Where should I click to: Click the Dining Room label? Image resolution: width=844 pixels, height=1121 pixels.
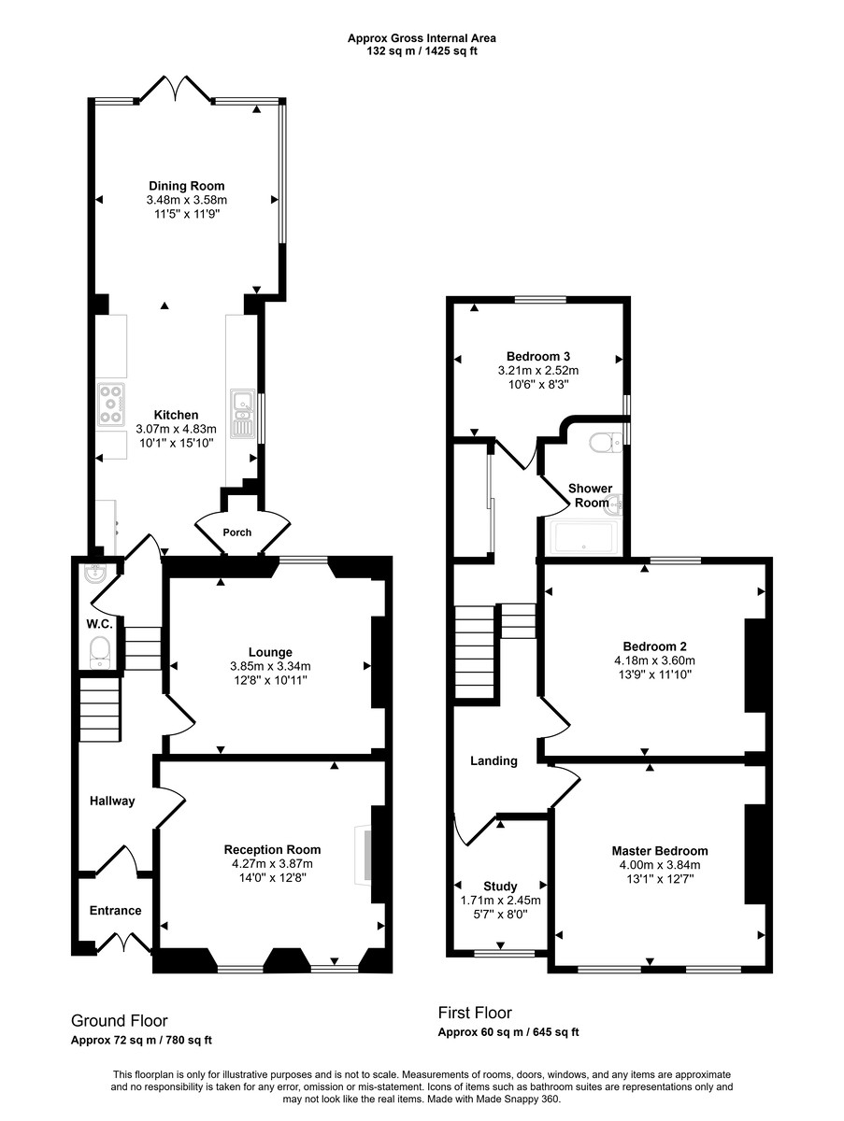pyautogui.click(x=187, y=186)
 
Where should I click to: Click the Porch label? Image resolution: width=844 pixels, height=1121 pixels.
pyautogui.click(x=237, y=532)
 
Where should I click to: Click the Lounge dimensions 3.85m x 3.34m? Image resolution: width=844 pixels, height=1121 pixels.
pyautogui.click(x=270, y=666)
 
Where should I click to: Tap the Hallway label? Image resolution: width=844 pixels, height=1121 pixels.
pyautogui.click(x=112, y=801)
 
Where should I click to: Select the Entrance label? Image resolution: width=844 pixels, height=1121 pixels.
pyautogui.click(x=115, y=911)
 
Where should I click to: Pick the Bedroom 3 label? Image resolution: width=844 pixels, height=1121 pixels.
pyautogui.click(x=538, y=356)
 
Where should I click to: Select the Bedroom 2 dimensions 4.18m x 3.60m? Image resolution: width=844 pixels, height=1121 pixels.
pyautogui.click(x=655, y=660)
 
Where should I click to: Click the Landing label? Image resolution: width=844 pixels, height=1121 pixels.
pyautogui.click(x=494, y=760)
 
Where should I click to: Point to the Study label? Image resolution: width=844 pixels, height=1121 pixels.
pyautogui.click(x=500, y=887)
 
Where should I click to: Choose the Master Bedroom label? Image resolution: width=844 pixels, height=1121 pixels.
pyautogui.click(x=659, y=851)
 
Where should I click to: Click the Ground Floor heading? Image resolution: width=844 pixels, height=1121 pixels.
pyautogui.click(x=119, y=1021)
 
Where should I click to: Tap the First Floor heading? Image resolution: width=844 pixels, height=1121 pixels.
pyautogui.click(x=475, y=1013)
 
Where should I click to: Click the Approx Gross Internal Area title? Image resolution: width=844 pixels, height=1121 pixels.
pyautogui.click(x=422, y=38)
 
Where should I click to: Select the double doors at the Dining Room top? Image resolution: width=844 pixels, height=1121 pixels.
pyautogui.click(x=174, y=91)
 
